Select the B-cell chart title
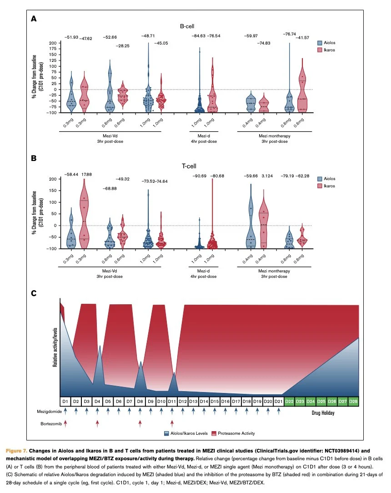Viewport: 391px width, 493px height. [186, 26]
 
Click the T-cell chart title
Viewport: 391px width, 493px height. [186, 166]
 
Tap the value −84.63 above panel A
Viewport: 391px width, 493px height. [198, 35]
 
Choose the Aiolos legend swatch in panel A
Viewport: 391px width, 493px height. [321, 43]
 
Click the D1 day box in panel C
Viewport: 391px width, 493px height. [65, 401]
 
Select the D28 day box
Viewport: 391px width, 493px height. [353, 401]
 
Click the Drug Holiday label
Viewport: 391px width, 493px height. [323, 413]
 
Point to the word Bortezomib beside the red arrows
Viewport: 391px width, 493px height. [49, 424]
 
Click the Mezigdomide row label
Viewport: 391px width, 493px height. [48, 411]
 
